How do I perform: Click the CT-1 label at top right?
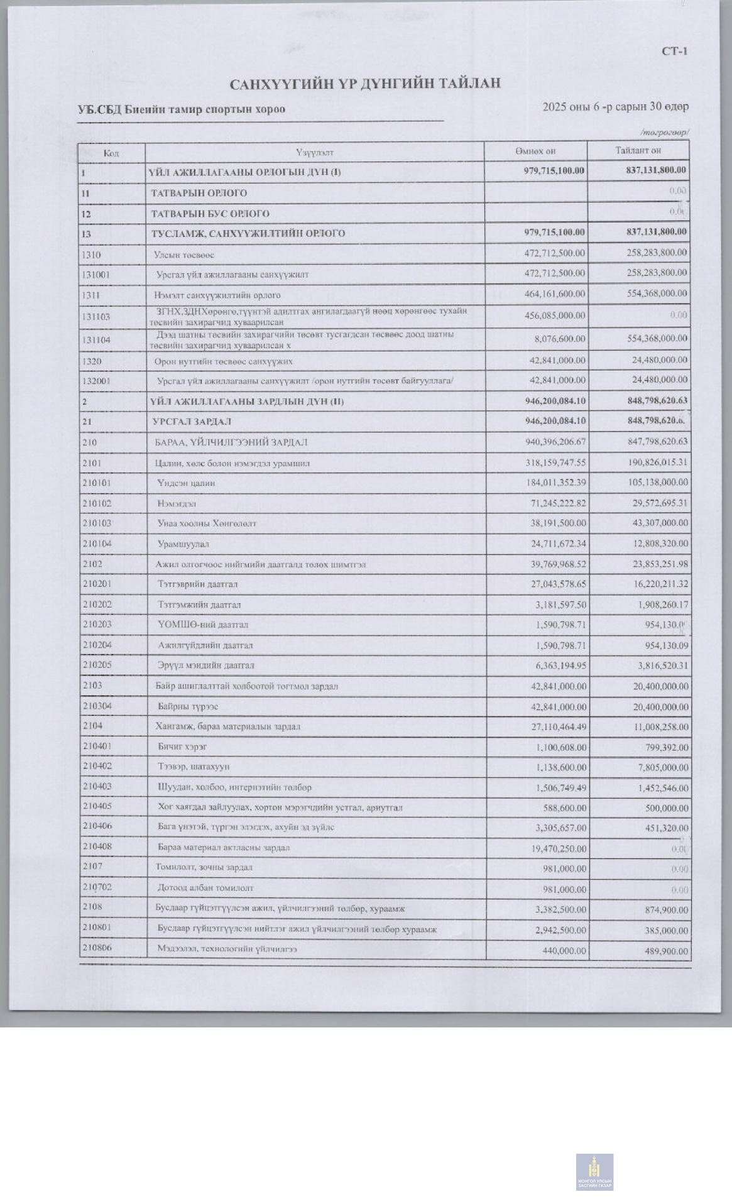674,51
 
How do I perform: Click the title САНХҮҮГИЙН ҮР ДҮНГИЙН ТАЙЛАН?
365,84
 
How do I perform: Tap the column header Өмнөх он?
535,151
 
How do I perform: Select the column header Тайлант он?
638,150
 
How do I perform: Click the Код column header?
111,153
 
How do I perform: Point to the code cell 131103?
96,317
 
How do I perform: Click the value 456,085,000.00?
555,315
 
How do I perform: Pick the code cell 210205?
98,665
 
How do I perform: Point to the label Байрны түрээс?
188,706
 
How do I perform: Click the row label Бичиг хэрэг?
182,747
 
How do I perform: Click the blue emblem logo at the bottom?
594,1172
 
